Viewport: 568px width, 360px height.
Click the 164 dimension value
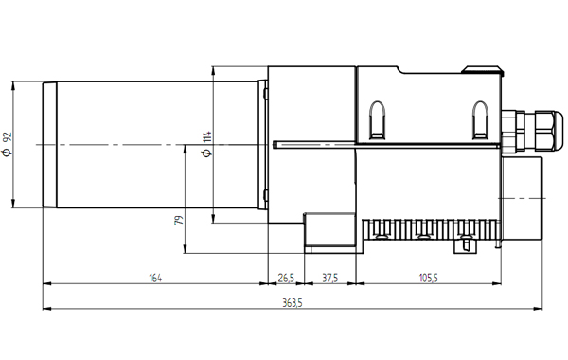(x=155, y=279)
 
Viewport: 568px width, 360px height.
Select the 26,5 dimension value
(x=286, y=279)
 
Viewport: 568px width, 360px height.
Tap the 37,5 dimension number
(x=330, y=279)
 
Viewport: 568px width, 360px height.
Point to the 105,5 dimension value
(x=429, y=279)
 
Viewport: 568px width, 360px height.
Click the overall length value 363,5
(x=293, y=303)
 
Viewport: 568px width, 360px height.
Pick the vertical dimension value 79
(x=179, y=221)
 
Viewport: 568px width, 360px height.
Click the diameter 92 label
(x=8, y=144)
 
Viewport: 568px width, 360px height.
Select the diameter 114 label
(x=206, y=144)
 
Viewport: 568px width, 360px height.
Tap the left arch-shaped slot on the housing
(x=377, y=120)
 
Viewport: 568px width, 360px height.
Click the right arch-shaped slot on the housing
(x=480, y=120)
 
